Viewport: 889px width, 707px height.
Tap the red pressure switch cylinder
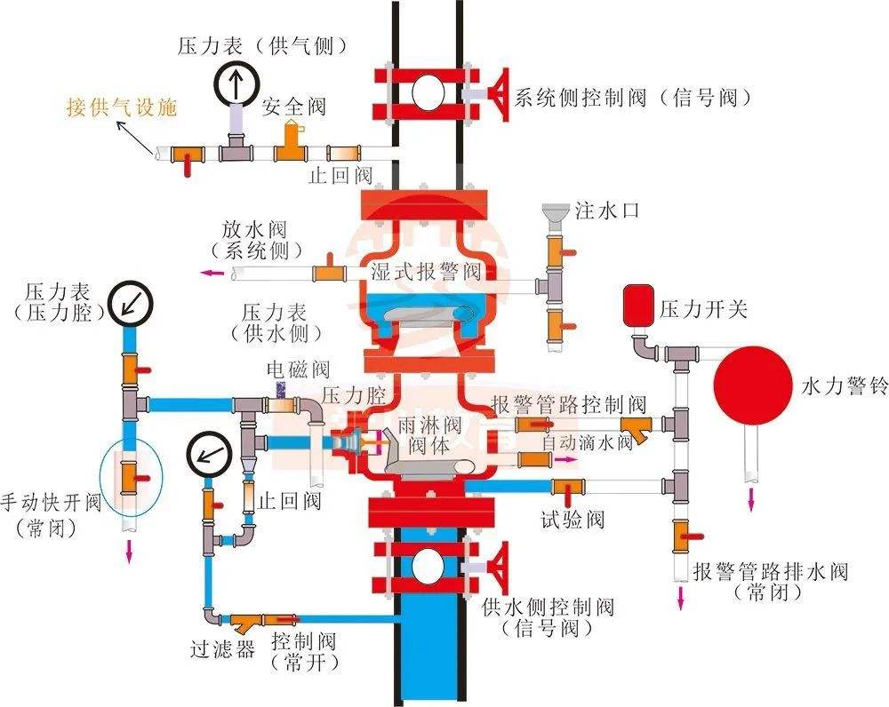coord(637,302)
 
